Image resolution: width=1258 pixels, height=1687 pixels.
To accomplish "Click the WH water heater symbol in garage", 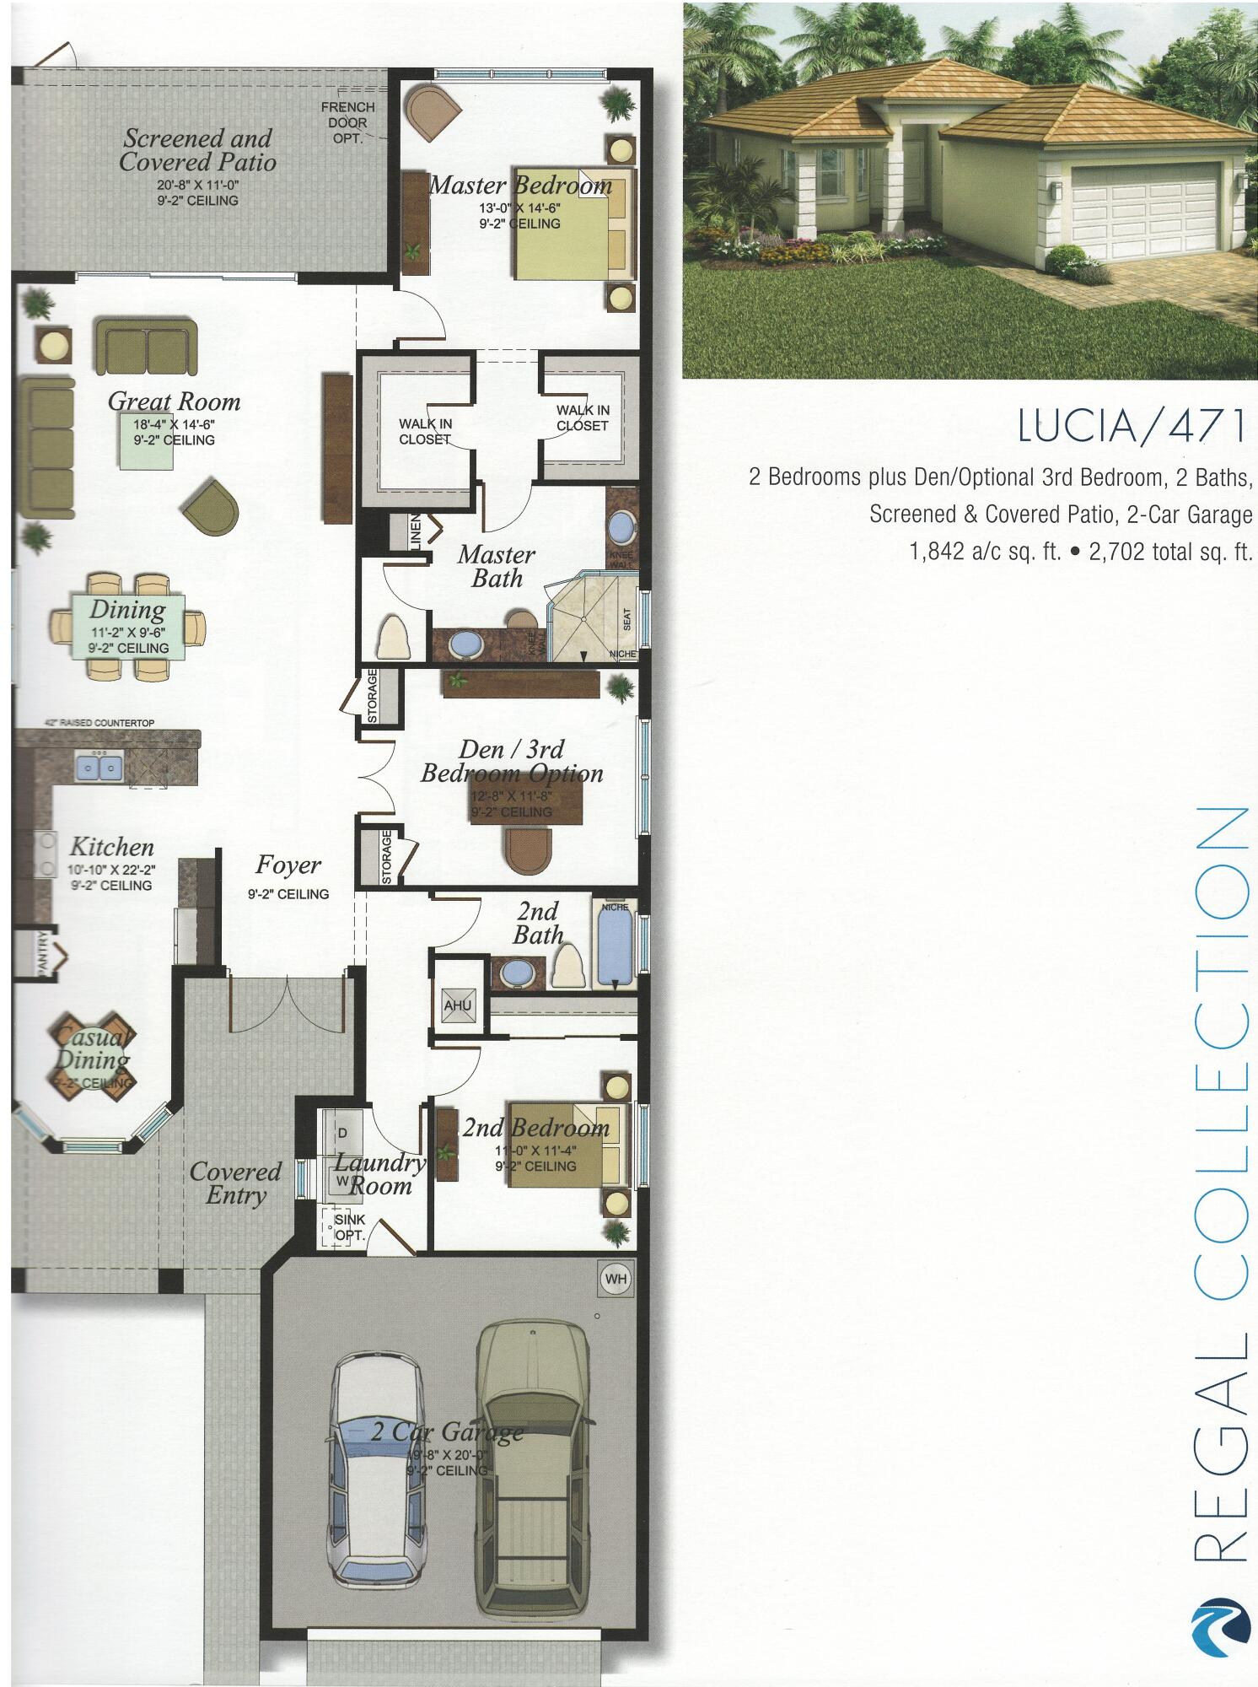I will point(616,1279).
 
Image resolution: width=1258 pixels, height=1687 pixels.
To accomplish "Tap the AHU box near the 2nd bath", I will point(458,1005).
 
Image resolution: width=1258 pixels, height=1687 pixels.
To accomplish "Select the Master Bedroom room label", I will point(520,185).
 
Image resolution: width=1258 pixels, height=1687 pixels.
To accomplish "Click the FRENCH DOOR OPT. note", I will point(347,122).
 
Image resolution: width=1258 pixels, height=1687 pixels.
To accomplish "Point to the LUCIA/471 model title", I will point(1131,425).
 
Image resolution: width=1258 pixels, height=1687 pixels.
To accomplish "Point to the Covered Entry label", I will point(235,1183).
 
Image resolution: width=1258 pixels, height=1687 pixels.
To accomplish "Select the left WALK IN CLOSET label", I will point(425,431).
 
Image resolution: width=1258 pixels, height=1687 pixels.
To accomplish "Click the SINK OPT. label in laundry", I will point(349,1227).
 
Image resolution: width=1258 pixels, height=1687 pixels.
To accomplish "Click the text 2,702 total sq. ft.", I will point(1170,552).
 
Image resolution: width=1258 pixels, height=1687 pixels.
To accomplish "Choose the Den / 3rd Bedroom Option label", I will point(512,761).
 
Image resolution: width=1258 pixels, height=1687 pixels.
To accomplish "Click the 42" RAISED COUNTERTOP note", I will point(99,723).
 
